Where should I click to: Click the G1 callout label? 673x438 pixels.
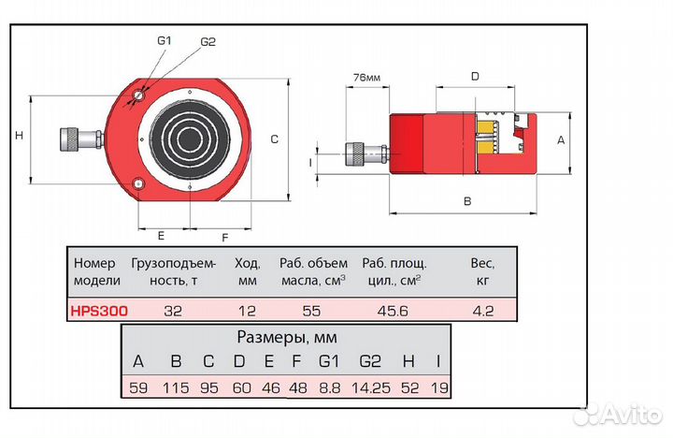165,40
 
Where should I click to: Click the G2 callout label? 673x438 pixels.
208,42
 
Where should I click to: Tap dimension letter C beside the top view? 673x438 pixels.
275,139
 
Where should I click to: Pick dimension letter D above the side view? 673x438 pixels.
475,76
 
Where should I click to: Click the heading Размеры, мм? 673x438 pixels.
286,337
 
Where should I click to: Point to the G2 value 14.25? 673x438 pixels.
374,387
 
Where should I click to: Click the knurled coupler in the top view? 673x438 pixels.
70,141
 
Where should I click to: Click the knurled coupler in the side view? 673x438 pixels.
356,153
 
